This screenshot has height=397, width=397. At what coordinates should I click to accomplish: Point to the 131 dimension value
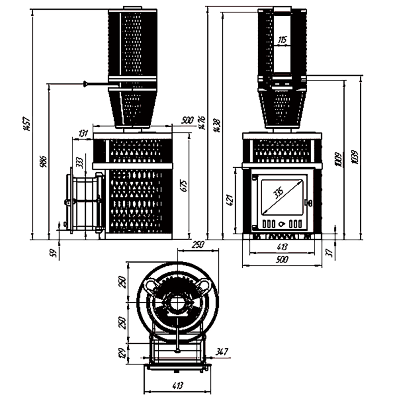point(83,132)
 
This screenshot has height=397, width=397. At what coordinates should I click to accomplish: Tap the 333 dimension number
point(80,162)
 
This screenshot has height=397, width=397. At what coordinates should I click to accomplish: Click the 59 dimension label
point(54,252)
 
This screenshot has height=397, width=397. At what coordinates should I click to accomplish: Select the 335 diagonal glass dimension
point(277,194)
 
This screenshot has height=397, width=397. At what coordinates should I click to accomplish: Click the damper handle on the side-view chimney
point(87,83)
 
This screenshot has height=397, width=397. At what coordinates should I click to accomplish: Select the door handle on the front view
point(310,202)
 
